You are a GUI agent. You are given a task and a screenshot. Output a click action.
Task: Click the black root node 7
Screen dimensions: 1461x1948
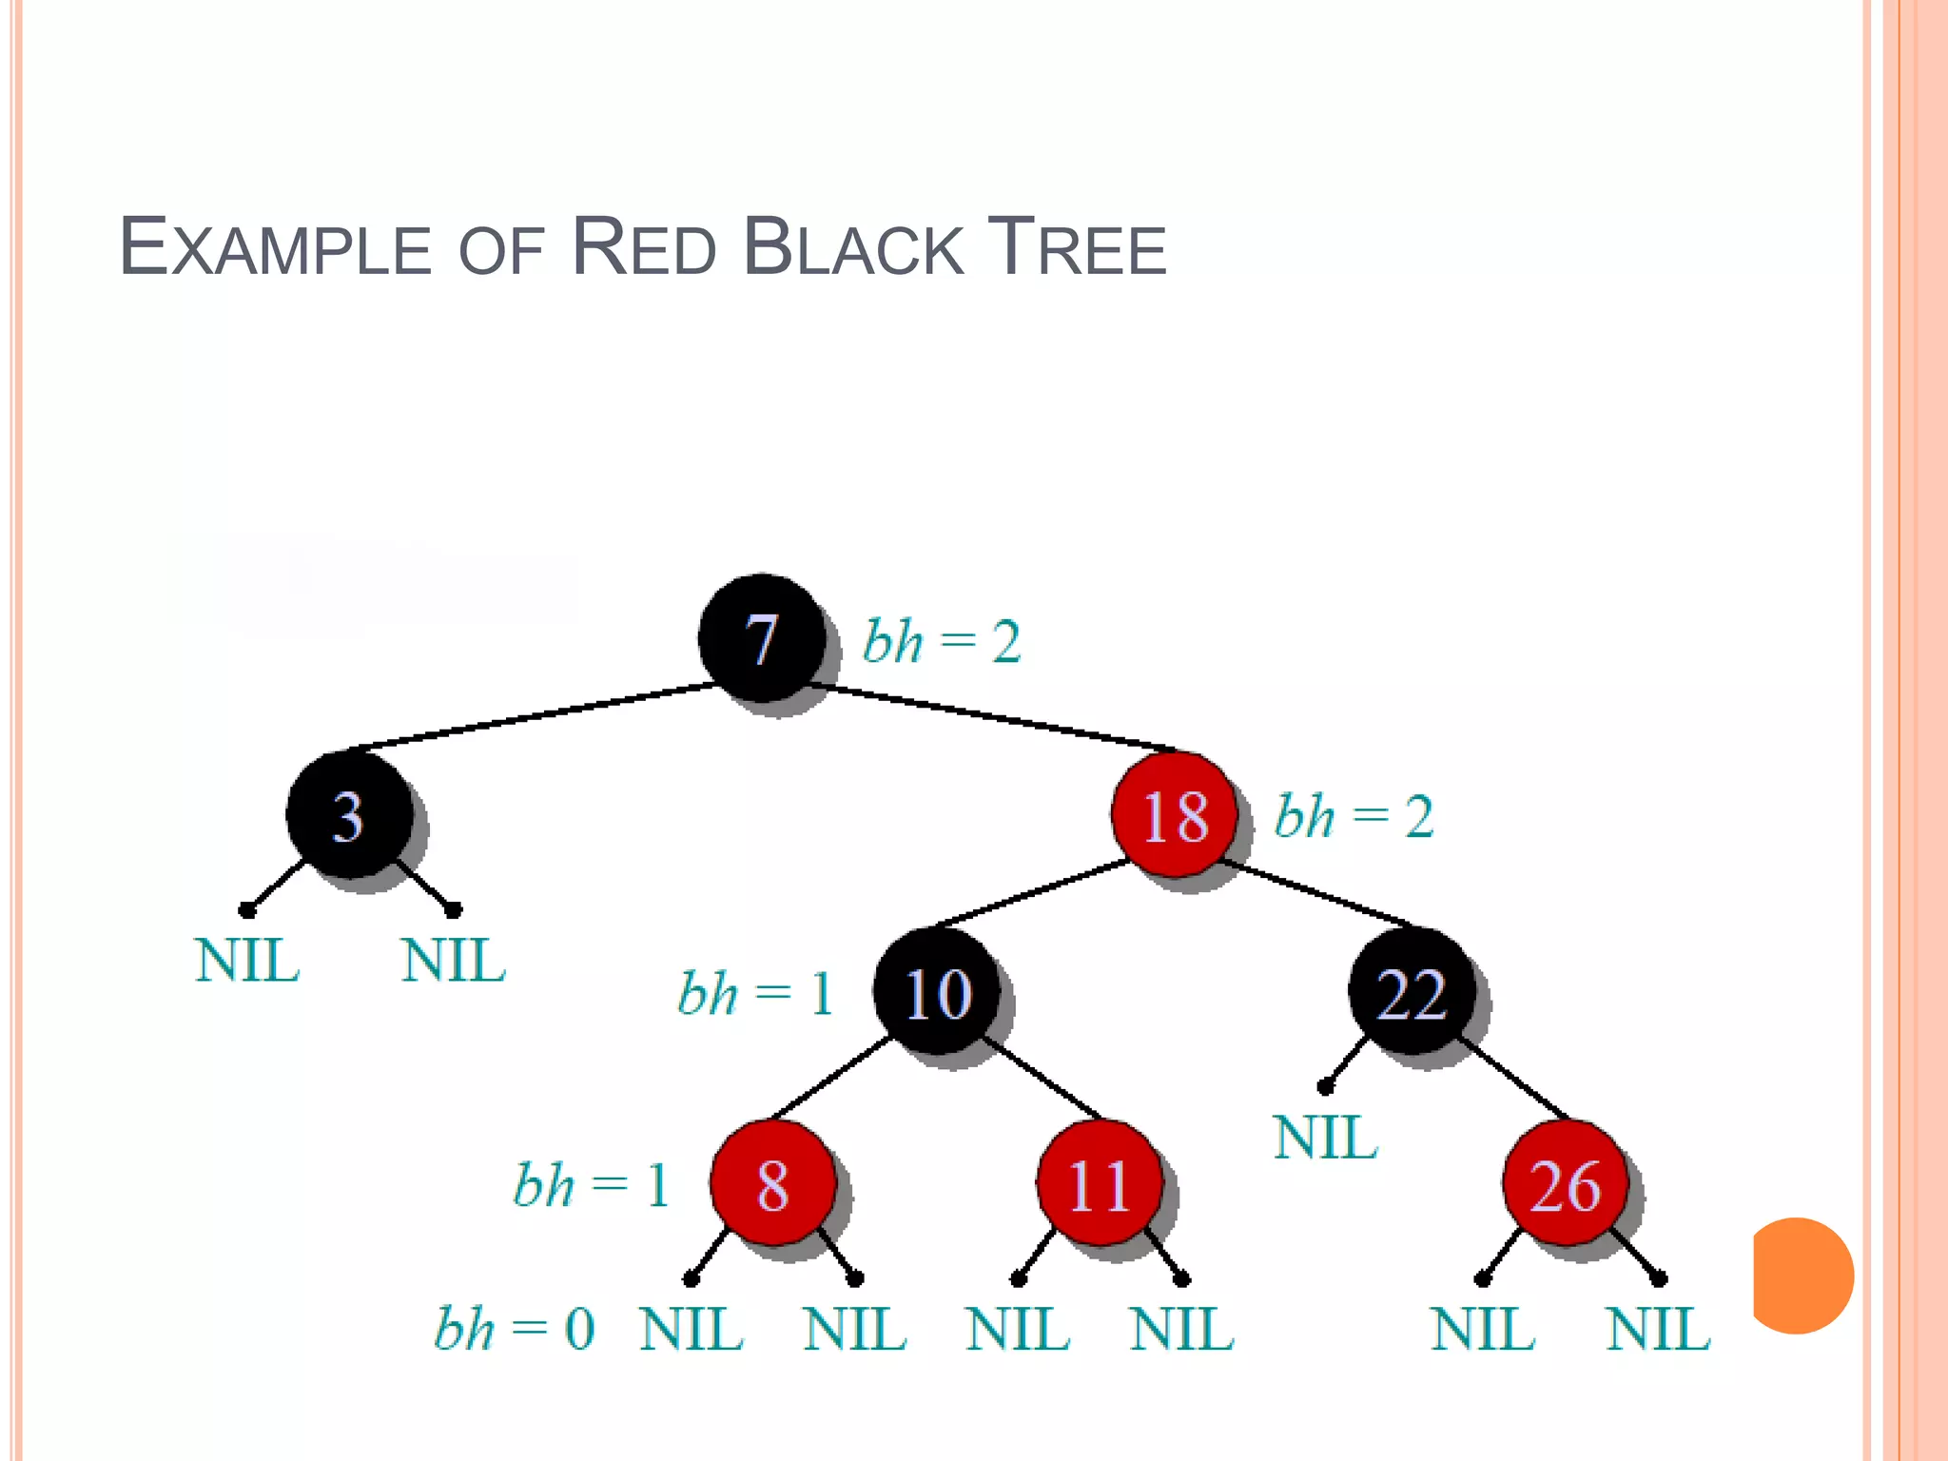pos(762,637)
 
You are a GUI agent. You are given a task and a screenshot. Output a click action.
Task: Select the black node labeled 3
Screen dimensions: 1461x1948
pos(349,814)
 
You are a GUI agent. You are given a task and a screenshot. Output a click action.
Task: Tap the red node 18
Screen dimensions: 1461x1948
pos(1175,814)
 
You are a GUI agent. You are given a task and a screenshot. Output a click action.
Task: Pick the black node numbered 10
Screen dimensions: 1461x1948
pos(938,992)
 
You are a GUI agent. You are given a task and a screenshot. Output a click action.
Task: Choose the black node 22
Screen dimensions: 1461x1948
pos(1412,992)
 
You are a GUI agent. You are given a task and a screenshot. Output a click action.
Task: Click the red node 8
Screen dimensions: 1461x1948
pos(772,1183)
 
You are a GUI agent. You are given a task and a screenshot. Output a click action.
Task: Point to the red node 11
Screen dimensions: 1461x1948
pos(1100,1183)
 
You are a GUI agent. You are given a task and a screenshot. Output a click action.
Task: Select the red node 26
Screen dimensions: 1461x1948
pos(1566,1183)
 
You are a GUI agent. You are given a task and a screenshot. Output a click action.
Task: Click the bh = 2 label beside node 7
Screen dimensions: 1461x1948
pos(942,641)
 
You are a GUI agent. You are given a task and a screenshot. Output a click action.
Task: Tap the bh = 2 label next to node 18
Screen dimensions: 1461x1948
pos(1354,816)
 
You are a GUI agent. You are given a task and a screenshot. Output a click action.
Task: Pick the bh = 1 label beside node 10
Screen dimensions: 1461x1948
pos(755,994)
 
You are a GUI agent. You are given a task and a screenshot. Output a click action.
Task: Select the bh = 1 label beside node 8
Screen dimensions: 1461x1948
pos(592,1185)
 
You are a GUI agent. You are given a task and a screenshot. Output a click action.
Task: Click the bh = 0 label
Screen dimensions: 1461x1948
pos(515,1329)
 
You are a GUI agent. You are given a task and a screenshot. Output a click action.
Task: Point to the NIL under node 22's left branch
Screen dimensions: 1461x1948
pos(1325,1138)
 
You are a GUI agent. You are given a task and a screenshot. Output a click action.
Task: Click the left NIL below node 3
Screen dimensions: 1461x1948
pos(247,961)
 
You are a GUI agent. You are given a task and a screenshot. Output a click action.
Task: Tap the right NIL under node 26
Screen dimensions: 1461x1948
pos(1658,1329)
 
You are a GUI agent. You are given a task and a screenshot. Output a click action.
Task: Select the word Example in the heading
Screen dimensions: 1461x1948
pos(276,248)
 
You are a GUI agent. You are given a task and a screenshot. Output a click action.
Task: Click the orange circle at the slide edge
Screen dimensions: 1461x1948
pos(1802,1276)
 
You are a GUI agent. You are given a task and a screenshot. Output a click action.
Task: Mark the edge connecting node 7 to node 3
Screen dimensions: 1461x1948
pos(533,716)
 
